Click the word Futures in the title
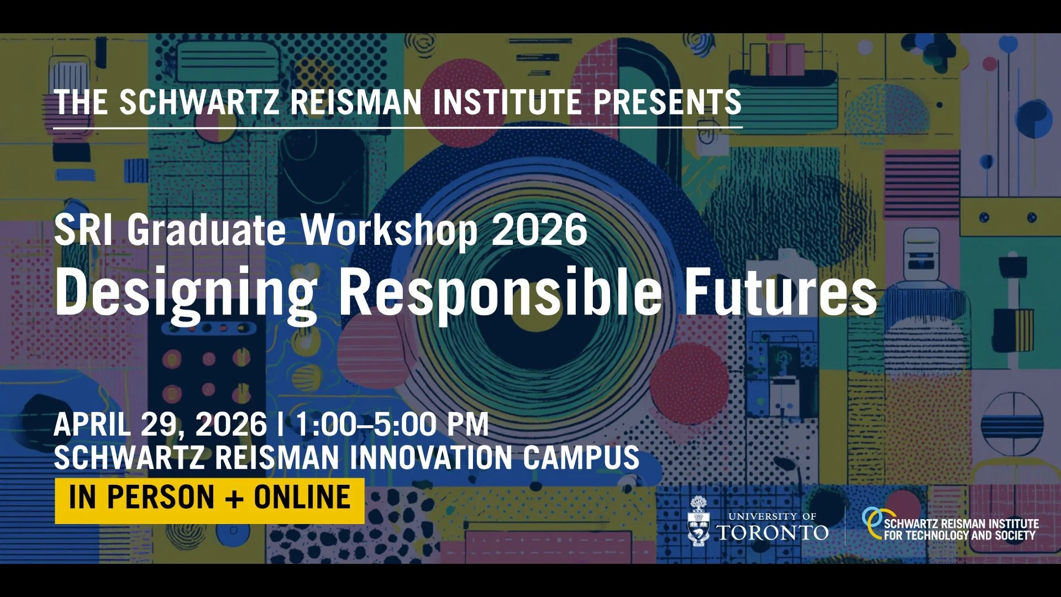coord(780,292)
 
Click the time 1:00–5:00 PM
coord(392,425)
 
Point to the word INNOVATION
coord(431,458)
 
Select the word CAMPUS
coord(581,458)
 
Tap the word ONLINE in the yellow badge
coord(302,497)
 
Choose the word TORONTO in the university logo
coord(773,533)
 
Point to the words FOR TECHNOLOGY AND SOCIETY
coord(959,535)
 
